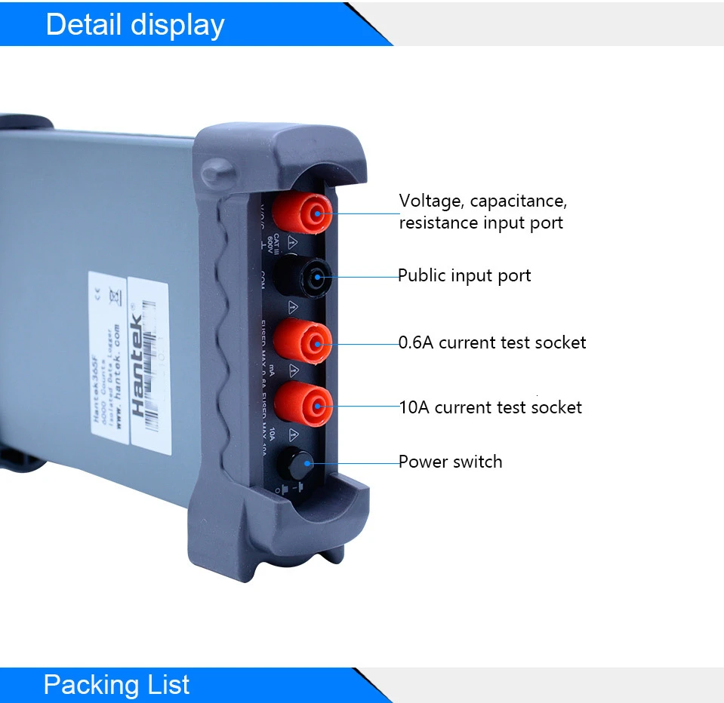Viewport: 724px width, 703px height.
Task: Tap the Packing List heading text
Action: pos(116,684)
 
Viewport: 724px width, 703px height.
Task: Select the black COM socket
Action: pos(303,278)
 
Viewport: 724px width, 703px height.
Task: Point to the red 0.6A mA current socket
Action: pos(303,343)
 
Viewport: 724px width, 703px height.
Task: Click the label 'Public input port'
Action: pos(464,276)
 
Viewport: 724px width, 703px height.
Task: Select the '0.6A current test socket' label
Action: pos(492,342)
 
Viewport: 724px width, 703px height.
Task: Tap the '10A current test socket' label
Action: pos(491,408)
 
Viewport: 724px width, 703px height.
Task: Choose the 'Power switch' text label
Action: pos(451,462)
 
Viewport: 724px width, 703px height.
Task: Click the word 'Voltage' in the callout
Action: pos(430,201)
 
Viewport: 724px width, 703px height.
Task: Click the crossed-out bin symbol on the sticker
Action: pos(115,296)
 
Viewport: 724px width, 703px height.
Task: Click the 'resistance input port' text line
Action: pos(481,223)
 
